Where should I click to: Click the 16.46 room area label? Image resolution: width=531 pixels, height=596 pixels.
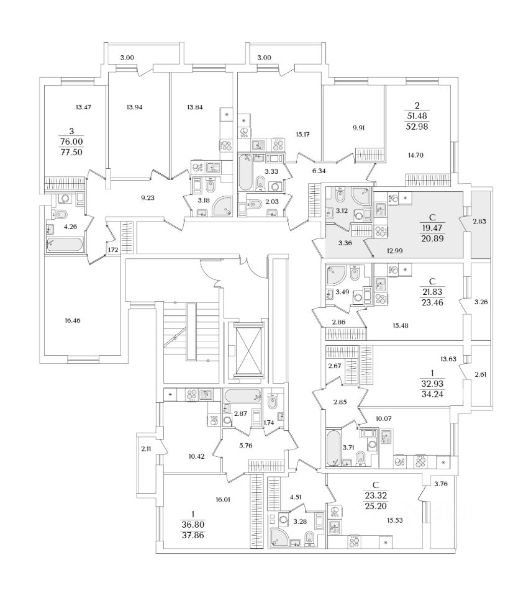coord(72,320)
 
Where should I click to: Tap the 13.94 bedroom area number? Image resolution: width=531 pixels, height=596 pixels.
coord(135,107)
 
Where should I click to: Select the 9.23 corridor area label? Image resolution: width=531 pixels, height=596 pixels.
coord(148,197)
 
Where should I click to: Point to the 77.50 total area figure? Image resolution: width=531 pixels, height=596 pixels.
coord(71,153)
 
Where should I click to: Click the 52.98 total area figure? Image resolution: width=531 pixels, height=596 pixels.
coord(417,127)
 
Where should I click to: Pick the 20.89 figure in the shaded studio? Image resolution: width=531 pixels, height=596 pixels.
coord(432,238)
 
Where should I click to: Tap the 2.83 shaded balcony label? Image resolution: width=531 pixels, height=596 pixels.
coord(479,221)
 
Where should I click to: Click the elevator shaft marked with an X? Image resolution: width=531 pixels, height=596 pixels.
coord(249,350)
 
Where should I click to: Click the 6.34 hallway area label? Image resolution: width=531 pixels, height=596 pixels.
coord(319,171)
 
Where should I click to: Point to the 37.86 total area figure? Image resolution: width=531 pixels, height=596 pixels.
coord(193,536)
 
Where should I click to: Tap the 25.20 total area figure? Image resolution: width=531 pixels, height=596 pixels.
coord(376,506)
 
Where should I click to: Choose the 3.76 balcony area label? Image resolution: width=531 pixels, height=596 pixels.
coord(441,484)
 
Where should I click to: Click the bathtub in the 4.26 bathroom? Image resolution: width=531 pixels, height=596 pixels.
coord(65,245)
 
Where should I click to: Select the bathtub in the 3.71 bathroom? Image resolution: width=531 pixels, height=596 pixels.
coord(334,448)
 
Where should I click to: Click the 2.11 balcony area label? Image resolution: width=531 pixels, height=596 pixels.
coord(146,449)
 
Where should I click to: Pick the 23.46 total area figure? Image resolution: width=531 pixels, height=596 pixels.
coord(432,302)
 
